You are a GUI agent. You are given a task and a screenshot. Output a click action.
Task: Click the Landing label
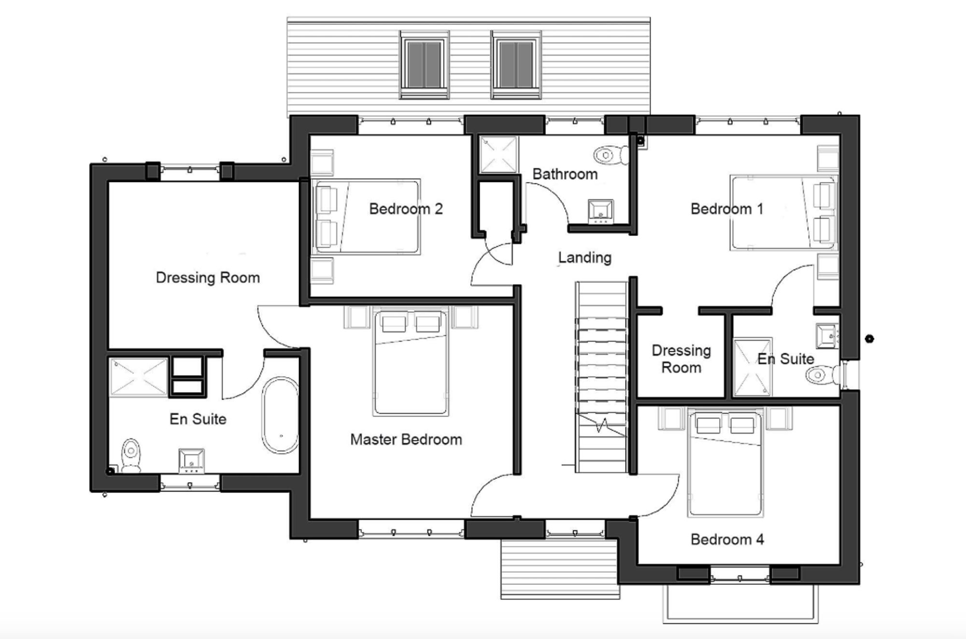[584, 258]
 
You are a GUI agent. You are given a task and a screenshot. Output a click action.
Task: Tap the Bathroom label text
[565, 174]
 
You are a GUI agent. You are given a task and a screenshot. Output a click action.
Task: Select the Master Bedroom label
[406, 440]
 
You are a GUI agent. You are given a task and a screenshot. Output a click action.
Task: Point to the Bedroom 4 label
[727, 540]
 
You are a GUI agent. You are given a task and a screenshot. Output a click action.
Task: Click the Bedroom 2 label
[406, 209]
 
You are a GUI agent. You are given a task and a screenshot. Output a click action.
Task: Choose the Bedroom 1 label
[727, 209]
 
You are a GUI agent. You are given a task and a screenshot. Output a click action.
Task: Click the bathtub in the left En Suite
[280, 416]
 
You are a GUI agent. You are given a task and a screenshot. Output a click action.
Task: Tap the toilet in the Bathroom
[611, 155]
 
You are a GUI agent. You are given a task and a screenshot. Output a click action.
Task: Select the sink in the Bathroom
[601, 211]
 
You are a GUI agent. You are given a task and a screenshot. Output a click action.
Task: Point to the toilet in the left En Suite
[131, 455]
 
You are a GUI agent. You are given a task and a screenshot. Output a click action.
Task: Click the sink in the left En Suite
[192, 461]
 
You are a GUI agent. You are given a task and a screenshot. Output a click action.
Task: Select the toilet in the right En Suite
[823, 375]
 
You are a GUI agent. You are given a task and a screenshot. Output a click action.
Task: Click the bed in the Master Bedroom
[411, 362]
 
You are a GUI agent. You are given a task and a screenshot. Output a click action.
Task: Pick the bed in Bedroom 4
[725, 463]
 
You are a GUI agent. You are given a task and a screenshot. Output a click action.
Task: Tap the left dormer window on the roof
[424, 65]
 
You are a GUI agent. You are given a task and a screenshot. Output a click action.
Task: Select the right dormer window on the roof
[516, 65]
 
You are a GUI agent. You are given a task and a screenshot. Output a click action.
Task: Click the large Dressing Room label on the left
[208, 278]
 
